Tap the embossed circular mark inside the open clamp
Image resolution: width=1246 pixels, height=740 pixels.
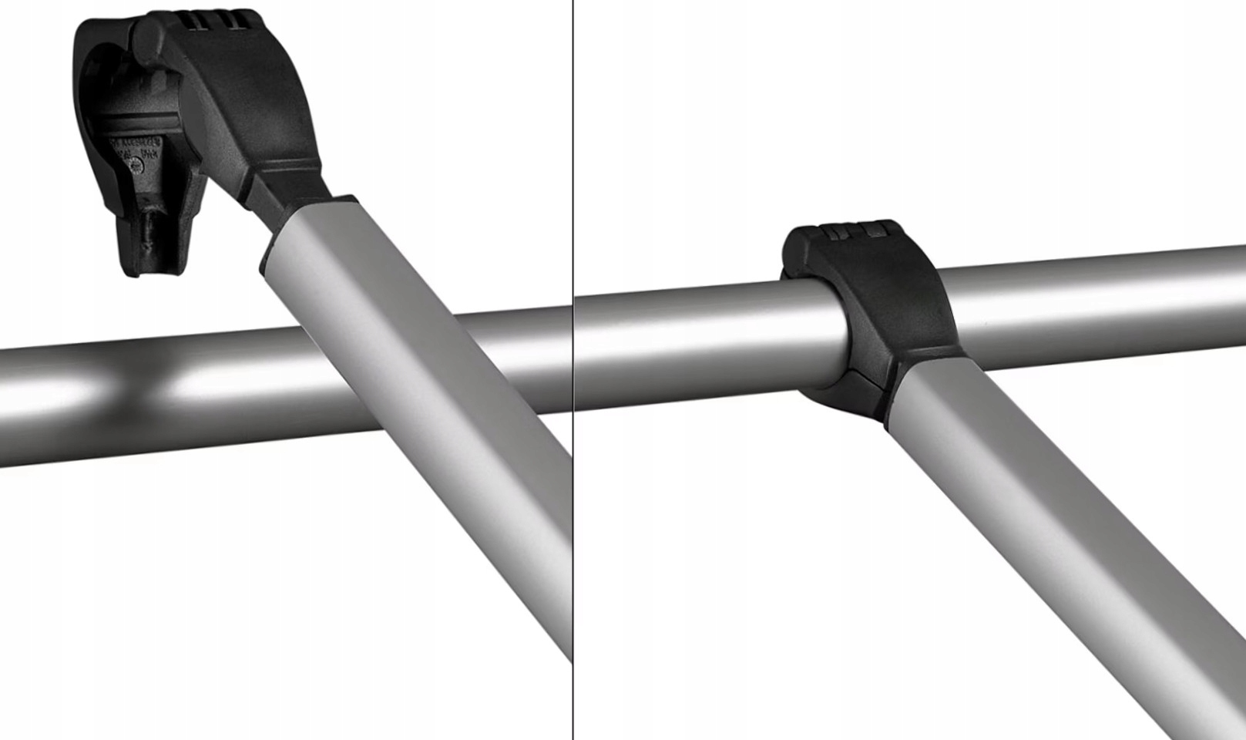click(136, 164)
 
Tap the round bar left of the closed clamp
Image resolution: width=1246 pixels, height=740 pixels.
click(694, 339)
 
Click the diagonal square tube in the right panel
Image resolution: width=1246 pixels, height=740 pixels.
click(1063, 540)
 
